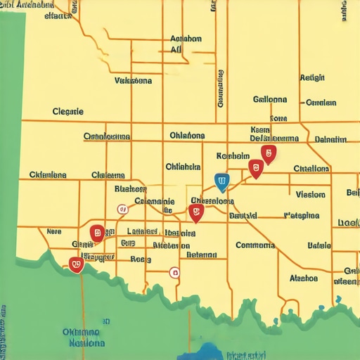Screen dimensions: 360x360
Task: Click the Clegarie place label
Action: tap(68, 111)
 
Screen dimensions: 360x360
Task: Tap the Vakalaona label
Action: tap(133, 81)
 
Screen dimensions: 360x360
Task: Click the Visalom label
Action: tap(310, 194)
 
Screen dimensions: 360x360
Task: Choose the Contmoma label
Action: tap(255, 245)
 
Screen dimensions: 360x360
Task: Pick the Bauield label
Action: tap(243, 216)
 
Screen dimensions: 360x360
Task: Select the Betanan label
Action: tap(202, 255)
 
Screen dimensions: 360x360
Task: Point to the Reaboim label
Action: tap(233, 155)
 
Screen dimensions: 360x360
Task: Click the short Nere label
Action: tap(54, 231)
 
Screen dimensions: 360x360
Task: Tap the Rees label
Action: tap(141, 259)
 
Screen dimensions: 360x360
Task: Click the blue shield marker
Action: tap(222, 183)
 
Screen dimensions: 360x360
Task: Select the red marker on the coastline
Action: tap(76, 264)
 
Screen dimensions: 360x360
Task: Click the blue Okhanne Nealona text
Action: tap(80, 337)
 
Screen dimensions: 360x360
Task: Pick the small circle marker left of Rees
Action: tap(174, 272)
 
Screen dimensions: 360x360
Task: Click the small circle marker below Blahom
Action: tap(122, 208)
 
